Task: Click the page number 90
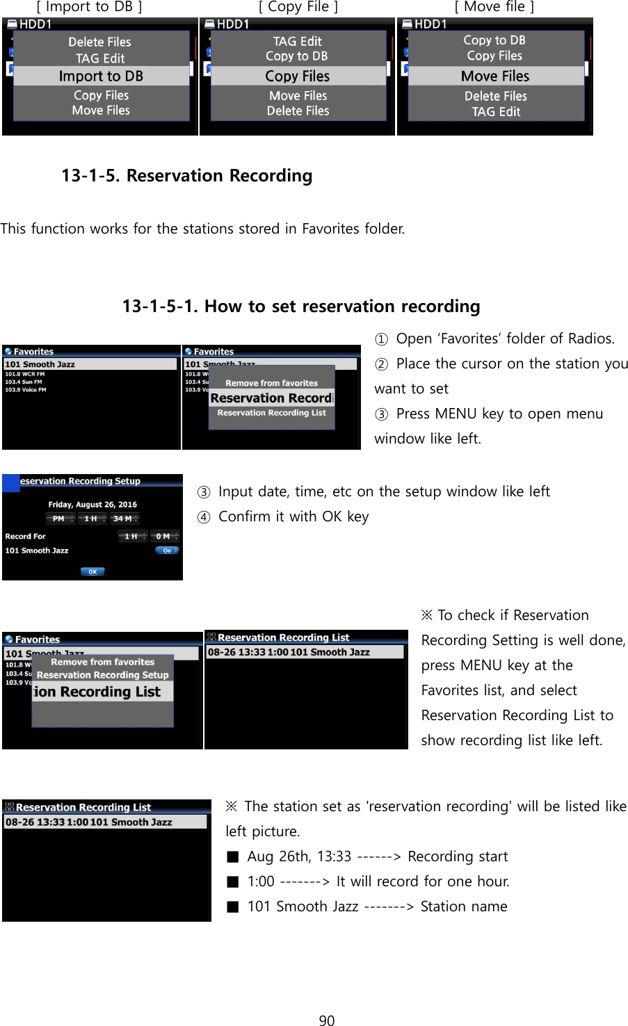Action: coord(326,1020)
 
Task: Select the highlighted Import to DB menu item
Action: coord(101,76)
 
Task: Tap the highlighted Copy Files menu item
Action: coord(298,76)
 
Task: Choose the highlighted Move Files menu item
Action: coord(495,76)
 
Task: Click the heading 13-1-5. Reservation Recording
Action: coord(186,176)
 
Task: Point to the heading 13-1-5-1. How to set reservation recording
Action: coord(301,307)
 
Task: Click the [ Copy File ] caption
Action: coord(298,7)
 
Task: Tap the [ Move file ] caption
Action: coord(494,7)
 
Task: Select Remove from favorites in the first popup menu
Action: coord(271,383)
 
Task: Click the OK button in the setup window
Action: coord(92,571)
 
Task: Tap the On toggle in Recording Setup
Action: coord(167,551)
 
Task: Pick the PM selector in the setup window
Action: coord(58,519)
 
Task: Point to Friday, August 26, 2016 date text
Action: coord(92,505)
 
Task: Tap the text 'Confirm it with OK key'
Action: coord(293,517)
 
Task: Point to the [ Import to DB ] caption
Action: coord(89,7)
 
